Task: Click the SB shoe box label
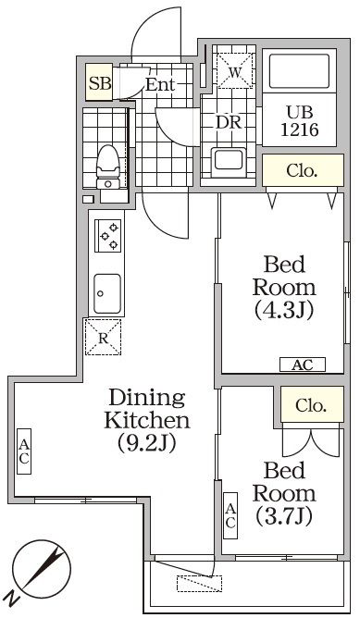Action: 100,83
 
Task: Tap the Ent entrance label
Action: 160,84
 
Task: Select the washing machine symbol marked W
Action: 235,71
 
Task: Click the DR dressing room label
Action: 229,122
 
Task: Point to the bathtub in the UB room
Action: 299,71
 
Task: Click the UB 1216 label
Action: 300,121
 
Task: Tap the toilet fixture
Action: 108,167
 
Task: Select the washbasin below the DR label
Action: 229,162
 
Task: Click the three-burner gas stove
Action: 108,235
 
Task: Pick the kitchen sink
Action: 107,293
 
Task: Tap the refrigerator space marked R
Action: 104,338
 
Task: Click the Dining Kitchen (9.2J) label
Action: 146,420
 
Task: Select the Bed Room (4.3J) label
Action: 284,288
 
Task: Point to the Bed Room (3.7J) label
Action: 284,493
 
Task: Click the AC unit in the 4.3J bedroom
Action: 303,365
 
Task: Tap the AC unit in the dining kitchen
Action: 24,451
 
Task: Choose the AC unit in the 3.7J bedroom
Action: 230,515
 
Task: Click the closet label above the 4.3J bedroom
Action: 302,170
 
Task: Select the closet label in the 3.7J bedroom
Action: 311,405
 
